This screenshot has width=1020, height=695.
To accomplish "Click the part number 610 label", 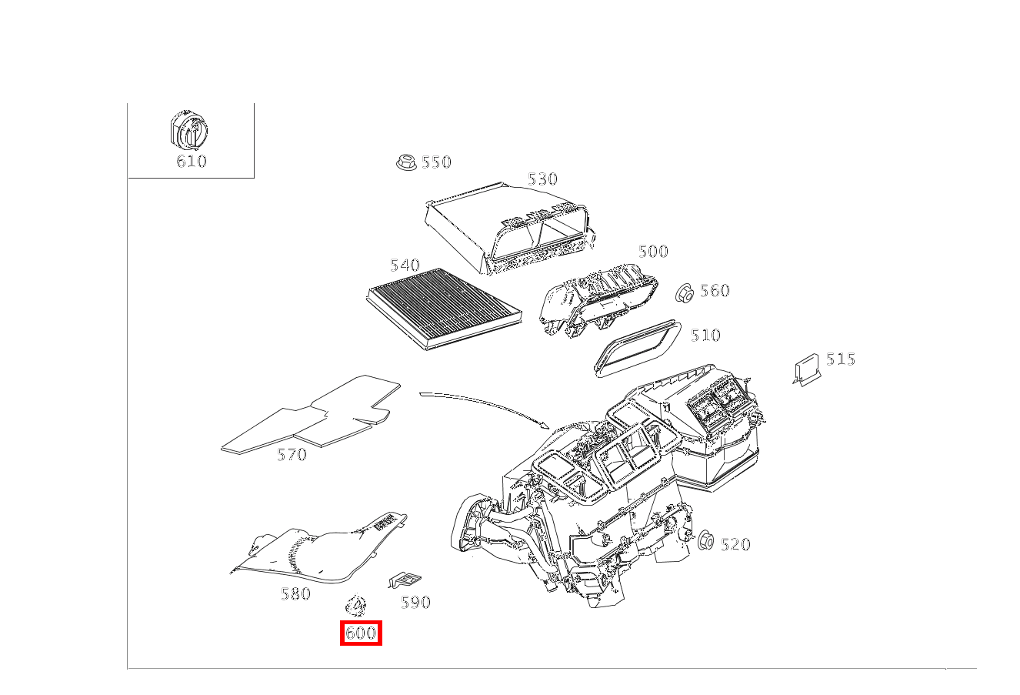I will tap(192, 161).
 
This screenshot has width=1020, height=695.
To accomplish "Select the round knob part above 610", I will tap(188, 132).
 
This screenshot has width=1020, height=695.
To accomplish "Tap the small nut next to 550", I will tap(405, 162).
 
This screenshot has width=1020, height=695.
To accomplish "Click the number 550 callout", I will tap(436, 162).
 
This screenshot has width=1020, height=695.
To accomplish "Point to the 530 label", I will tap(542, 179).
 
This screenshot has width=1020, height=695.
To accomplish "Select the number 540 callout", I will tap(405, 266).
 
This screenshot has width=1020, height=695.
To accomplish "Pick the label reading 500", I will tap(653, 252).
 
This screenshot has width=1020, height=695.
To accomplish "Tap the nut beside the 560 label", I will tap(685, 292).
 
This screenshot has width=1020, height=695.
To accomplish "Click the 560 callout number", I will tap(715, 291).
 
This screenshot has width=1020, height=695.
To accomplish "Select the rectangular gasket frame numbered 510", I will tap(638, 350).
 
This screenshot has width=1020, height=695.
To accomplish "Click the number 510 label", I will tap(705, 336).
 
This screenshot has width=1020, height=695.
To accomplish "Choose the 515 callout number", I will tap(841, 359).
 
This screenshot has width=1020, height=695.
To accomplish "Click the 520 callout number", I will tap(735, 545).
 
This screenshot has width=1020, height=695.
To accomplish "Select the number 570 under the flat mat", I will tap(292, 455).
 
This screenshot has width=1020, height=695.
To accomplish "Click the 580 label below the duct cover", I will tap(295, 594).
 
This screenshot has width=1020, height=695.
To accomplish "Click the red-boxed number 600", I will tap(361, 633).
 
